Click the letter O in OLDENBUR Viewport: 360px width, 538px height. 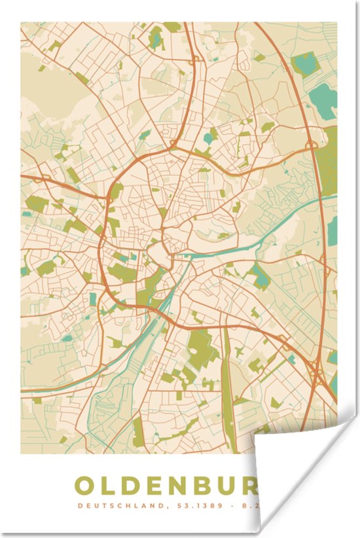pos(86,486)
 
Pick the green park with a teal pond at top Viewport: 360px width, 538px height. pos(156,39)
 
